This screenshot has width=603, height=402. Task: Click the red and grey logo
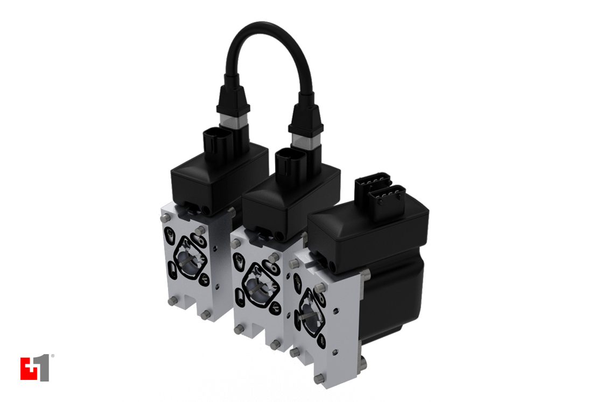pyautogui.click(x=35, y=369)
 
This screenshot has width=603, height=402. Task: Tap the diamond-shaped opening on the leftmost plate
pyautogui.click(x=190, y=258)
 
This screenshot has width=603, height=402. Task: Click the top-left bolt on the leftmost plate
pyautogui.click(x=165, y=218)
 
